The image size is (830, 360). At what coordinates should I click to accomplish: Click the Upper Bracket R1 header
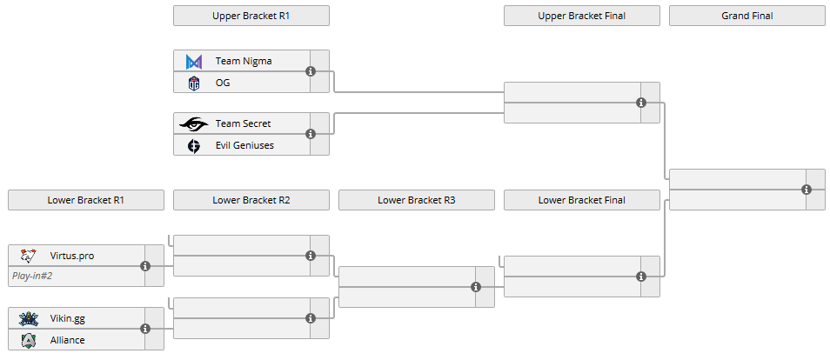251,16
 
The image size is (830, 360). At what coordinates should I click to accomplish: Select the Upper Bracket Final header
581,16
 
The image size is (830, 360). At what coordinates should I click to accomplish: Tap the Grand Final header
746,16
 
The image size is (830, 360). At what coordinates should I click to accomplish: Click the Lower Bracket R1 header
85,200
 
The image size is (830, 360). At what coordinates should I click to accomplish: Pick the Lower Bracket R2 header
251,200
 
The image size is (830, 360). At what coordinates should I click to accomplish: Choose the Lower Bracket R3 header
416,200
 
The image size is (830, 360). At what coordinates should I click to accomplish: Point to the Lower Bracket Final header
581,200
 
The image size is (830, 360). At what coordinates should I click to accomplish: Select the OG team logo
194,83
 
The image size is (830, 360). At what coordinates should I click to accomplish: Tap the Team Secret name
243,124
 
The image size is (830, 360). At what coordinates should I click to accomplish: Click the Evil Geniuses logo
194,145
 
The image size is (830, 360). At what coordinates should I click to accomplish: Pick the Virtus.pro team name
71,256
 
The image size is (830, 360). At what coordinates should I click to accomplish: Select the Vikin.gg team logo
29,318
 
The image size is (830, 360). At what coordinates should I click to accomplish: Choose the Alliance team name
68,340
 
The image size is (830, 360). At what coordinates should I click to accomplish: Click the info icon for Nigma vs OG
311,72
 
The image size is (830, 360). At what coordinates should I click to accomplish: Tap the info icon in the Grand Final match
807,190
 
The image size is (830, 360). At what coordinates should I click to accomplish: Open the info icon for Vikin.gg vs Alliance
145,329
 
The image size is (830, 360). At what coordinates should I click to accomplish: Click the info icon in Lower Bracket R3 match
476,287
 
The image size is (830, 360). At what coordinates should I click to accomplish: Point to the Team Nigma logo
194,62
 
